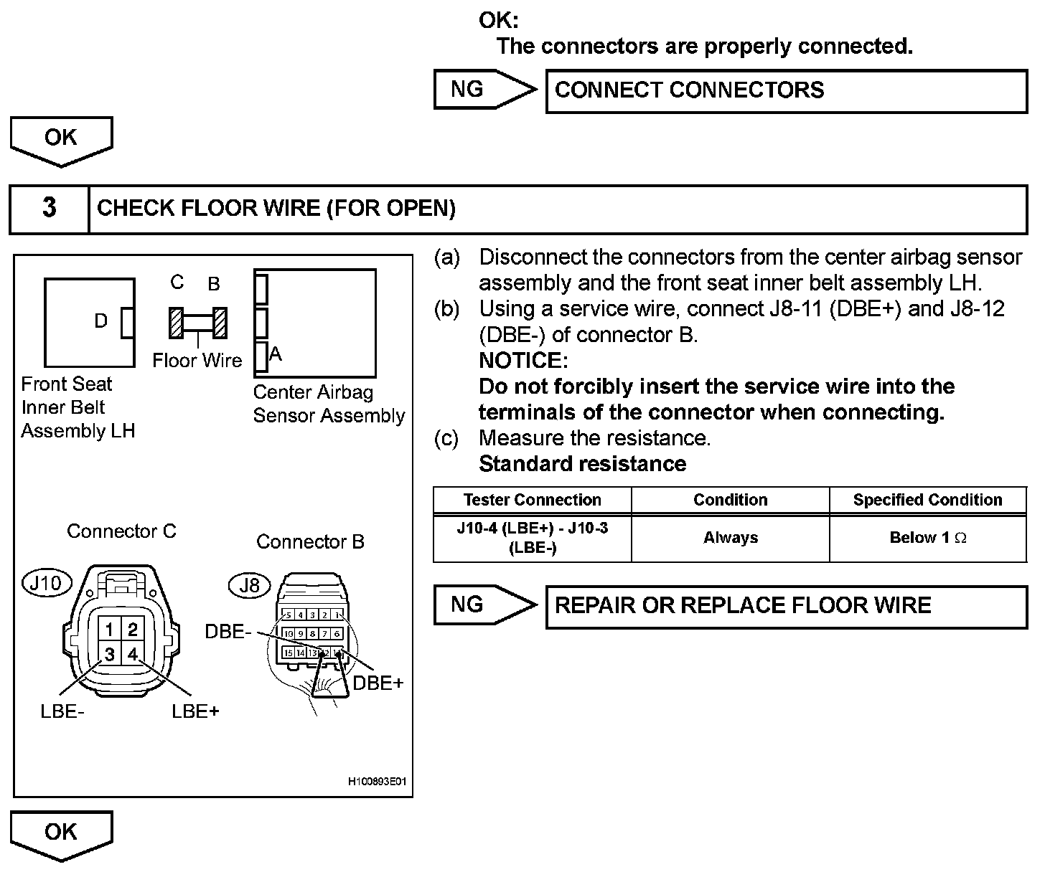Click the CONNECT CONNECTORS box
tap(786, 91)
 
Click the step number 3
tap(49, 208)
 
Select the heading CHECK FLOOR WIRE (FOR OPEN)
tap(276, 209)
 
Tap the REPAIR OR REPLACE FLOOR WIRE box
tap(786, 607)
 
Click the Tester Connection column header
tap(532, 500)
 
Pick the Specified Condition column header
tap(927, 500)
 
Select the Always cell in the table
tap(730, 538)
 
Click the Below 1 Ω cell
tap(927, 538)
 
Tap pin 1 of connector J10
tap(109, 630)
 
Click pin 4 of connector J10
tap(133, 654)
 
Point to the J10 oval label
tap(47, 583)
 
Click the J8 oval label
tap(249, 585)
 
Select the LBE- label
tap(62, 712)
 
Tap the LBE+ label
tap(195, 712)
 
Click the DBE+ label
tap(378, 683)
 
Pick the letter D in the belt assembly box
tap(101, 321)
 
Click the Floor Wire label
tap(197, 360)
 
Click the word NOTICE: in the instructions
tap(522, 360)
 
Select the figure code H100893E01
tap(377, 782)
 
